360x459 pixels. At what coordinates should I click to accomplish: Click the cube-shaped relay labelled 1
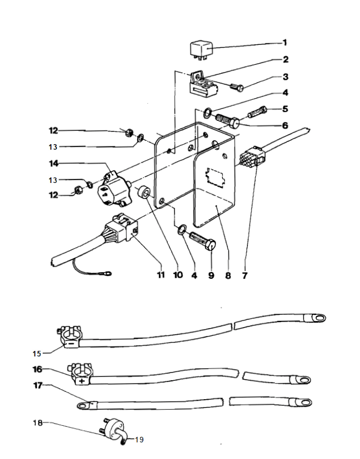coord(201,51)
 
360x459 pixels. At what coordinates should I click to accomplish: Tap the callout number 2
coord(285,59)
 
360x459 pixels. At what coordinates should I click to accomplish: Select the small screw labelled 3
coord(237,87)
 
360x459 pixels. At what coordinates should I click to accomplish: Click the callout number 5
coord(285,109)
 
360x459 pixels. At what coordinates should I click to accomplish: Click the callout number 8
coord(228,276)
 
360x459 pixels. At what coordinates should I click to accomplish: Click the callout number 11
coord(161,275)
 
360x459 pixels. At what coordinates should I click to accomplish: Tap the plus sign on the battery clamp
coord(82,381)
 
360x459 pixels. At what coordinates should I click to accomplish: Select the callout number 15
coord(37,354)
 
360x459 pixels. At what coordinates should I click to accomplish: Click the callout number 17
coord(38,385)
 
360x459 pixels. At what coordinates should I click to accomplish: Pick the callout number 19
coord(140,440)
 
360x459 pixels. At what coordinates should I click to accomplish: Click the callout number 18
coord(38,423)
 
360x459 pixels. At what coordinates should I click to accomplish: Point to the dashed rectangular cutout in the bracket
coord(215,177)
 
